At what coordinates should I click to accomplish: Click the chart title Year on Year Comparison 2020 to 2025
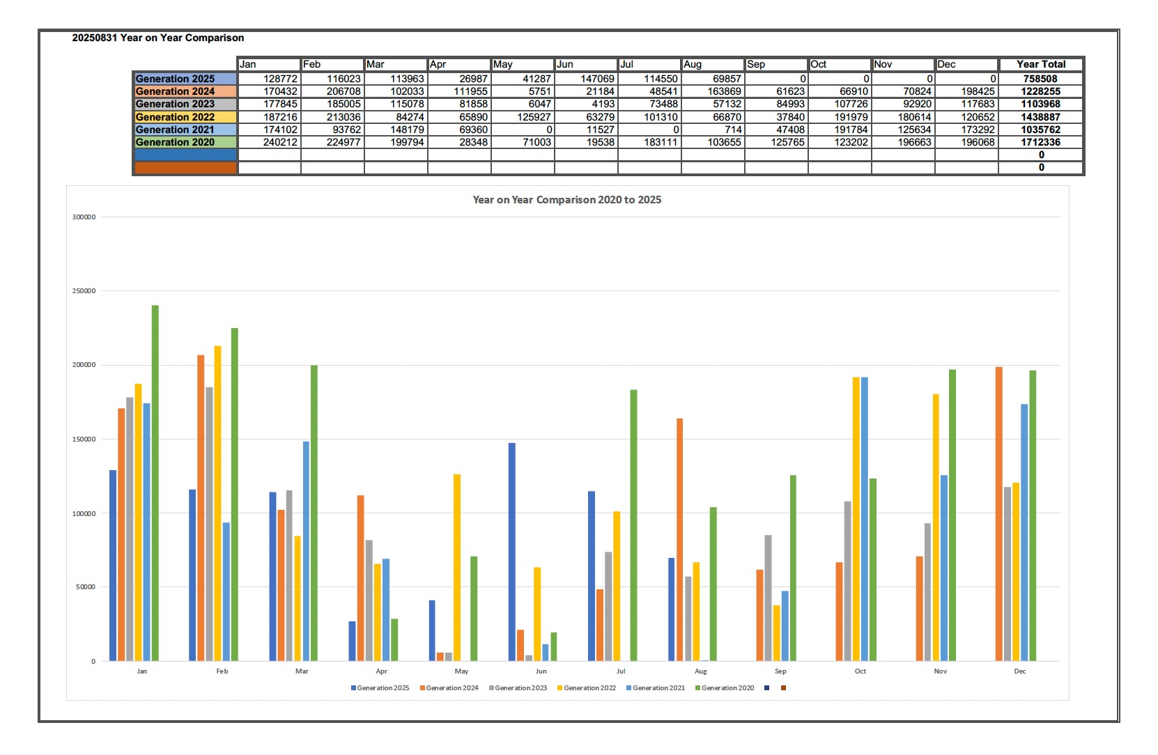tap(566, 200)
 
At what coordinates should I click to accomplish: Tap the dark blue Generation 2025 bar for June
tap(512, 552)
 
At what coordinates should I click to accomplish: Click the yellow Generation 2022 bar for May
tap(457, 568)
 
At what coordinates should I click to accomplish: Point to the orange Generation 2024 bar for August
tap(679, 540)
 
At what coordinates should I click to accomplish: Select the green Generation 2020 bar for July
tap(633, 525)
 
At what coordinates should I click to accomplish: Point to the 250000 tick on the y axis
tap(84, 291)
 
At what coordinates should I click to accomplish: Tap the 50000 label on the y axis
tap(86, 587)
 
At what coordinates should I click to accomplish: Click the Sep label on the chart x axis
tap(780, 671)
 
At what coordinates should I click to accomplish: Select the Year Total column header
tap(1041, 64)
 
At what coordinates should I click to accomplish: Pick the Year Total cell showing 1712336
tap(1041, 142)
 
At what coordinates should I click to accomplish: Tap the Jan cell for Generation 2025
tap(269, 79)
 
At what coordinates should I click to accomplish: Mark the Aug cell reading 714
tap(713, 130)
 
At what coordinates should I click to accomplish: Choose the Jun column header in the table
tap(585, 64)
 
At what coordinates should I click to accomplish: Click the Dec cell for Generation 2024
tap(966, 91)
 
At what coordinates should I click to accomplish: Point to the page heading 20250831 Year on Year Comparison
tap(158, 38)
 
